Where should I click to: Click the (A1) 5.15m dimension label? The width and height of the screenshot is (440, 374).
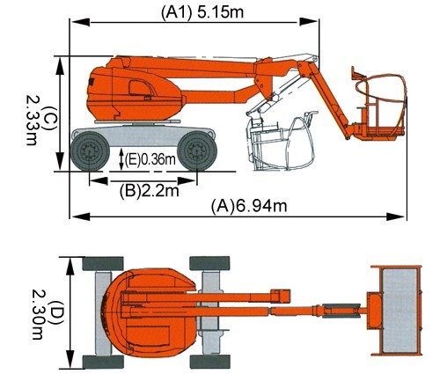pos(202,12)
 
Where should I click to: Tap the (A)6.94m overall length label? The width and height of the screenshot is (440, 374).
pos(249,206)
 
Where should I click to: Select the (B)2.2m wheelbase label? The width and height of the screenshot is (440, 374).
pos(150,191)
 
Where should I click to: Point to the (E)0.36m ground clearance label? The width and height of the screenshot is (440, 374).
pos(150,160)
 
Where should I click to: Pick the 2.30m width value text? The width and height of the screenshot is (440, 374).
pos(37,314)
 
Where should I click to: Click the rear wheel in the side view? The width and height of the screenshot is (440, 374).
pos(90,151)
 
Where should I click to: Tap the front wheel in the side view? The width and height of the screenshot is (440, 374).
pos(197,151)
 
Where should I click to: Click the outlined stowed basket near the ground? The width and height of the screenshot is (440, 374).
pos(282,141)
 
